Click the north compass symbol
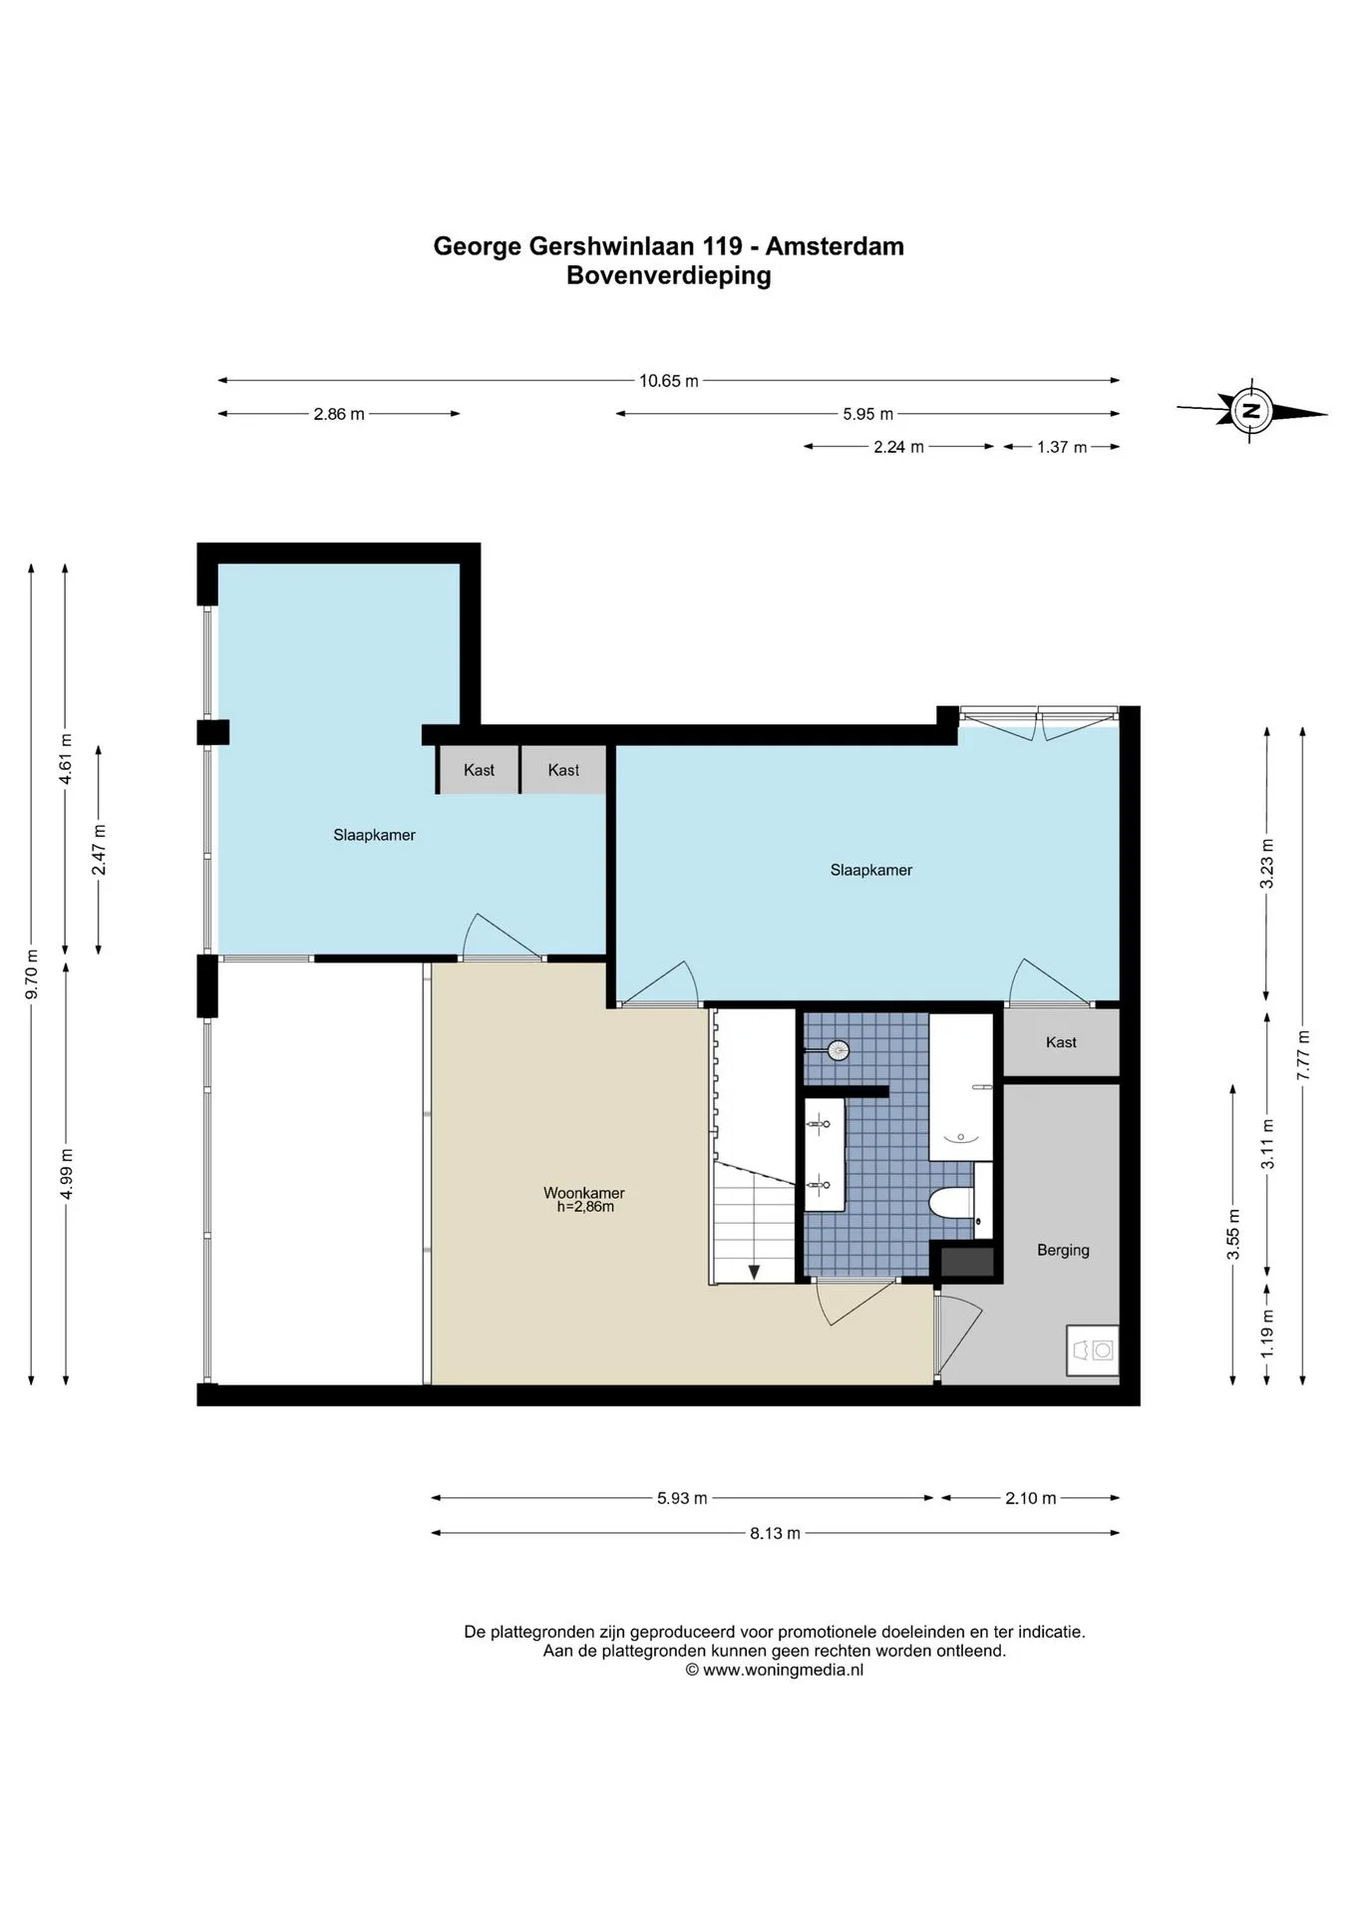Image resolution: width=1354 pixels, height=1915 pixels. (1250, 409)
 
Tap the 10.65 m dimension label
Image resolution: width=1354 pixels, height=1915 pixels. (668, 380)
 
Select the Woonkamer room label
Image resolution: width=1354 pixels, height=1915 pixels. (584, 1192)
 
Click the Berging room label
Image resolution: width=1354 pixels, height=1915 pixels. (1063, 1250)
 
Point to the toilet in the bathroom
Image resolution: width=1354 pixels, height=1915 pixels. (952, 1203)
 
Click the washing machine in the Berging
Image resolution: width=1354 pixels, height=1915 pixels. (1093, 1349)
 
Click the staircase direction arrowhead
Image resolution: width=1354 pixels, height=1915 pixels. (754, 1271)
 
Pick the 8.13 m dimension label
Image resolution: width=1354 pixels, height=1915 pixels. (775, 1532)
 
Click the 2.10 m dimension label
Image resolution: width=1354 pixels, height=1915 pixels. (1030, 1497)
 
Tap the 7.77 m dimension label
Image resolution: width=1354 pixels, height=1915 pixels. (1302, 1054)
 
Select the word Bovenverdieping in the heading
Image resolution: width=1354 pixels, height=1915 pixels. (669, 275)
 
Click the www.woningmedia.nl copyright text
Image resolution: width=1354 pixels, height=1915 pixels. (774, 1670)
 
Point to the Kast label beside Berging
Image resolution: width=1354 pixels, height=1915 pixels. (1061, 1042)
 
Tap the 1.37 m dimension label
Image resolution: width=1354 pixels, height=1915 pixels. (1061, 447)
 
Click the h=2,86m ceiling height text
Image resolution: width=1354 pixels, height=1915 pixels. (585, 1207)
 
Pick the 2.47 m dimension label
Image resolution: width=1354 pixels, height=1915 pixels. (98, 850)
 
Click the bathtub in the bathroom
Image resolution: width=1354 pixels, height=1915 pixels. (962, 1087)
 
